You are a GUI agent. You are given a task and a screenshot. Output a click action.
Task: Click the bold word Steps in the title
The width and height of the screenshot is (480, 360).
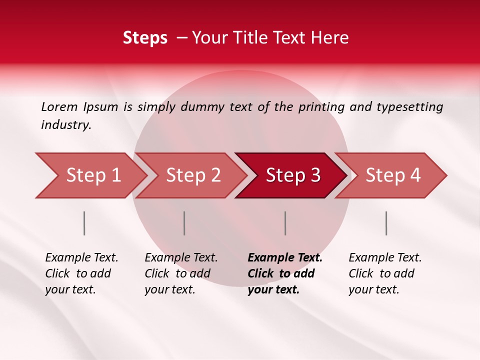(x=145, y=38)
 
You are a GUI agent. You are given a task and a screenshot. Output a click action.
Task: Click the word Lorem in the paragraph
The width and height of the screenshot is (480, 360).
(x=59, y=106)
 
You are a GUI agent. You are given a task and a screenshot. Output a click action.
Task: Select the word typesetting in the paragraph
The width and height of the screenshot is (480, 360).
(x=409, y=107)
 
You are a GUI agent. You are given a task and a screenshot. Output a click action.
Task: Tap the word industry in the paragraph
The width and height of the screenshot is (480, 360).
(x=65, y=125)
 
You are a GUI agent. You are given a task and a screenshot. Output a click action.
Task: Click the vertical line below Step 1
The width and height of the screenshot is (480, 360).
(x=84, y=223)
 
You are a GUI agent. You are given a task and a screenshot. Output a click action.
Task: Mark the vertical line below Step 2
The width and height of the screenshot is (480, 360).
(x=184, y=223)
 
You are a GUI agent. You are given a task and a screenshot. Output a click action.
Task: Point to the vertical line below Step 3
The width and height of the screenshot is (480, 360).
(x=285, y=223)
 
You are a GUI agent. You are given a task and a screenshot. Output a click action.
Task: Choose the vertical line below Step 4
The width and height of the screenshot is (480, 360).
(x=386, y=223)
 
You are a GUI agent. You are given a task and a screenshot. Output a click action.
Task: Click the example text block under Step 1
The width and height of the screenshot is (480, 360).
(x=81, y=273)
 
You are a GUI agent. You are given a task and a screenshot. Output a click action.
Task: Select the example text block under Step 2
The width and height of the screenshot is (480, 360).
(x=181, y=273)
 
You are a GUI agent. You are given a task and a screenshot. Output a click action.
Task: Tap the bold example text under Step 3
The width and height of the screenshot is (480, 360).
(x=285, y=273)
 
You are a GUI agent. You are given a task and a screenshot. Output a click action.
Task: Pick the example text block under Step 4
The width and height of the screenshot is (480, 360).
(x=385, y=273)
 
